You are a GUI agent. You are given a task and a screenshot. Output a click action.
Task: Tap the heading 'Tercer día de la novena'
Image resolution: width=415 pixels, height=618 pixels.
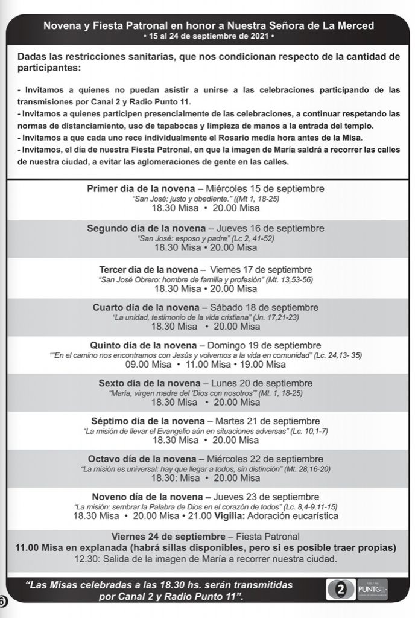(x=148, y=269)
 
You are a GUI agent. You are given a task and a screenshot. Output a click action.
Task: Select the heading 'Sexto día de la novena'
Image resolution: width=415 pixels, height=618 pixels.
(x=149, y=383)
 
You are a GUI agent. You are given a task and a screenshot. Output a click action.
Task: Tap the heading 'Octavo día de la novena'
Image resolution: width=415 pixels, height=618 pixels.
(x=143, y=459)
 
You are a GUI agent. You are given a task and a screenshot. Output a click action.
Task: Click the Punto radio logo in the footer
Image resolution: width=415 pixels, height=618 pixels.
(x=372, y=590)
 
